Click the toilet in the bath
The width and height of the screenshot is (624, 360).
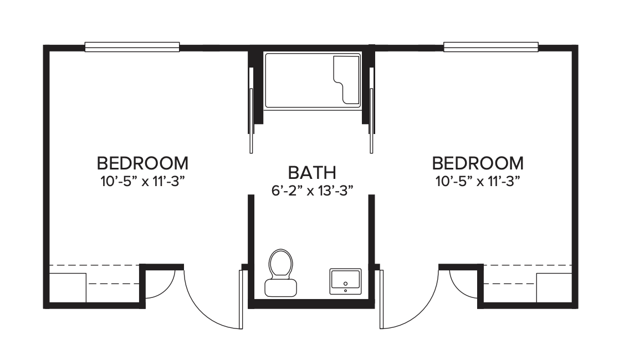[x=280, y=273]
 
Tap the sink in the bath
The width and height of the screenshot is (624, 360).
[x=345, y=281]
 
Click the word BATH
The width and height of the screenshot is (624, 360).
[x=312, y=173]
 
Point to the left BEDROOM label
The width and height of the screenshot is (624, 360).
[x=142, y=163]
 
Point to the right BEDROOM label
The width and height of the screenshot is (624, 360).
[x=478, y=163]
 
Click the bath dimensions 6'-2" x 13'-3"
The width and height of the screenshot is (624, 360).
[x=313, y=191]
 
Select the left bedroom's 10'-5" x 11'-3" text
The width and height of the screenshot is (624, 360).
[x=143, y=182]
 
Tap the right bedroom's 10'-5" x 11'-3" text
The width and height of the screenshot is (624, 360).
[x=478, y=182]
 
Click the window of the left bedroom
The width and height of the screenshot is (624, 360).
[x=132, y=47]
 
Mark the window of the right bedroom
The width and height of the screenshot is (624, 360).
[x=491, y=47]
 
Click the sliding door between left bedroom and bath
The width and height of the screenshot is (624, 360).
[x=251, y=110]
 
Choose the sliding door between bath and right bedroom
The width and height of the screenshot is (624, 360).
[x=371, y=110]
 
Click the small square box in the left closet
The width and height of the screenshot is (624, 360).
[x=67, y=287]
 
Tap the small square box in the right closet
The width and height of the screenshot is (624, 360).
[x=554, y=287]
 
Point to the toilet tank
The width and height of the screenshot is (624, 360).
[x=280, y=287]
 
